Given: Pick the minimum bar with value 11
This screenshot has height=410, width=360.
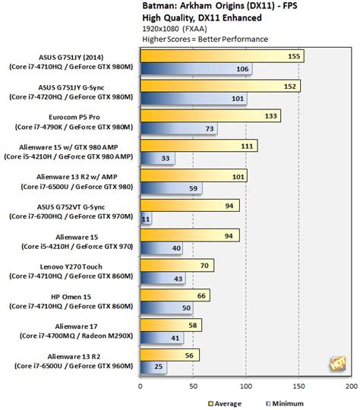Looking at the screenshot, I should (x=145, y=219).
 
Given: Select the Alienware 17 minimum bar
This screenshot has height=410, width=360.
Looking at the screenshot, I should (x=161, y=339).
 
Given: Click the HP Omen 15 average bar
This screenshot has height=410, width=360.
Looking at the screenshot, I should (x=174, y=295).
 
